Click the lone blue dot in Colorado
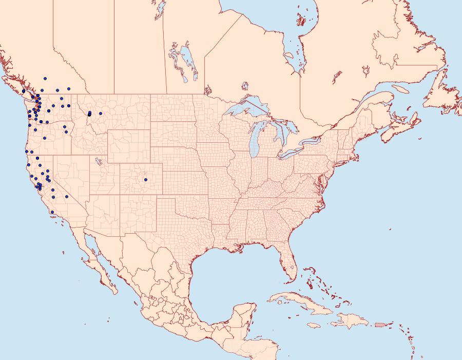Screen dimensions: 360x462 pos(146,180)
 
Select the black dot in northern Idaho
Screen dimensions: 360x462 pos(89,115)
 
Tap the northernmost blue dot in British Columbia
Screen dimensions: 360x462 pos(45,79)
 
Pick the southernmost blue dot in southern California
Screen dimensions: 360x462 pos(52,212)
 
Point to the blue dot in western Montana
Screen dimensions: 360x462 pos(101,113)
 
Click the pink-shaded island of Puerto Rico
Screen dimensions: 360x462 pos(380,324)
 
